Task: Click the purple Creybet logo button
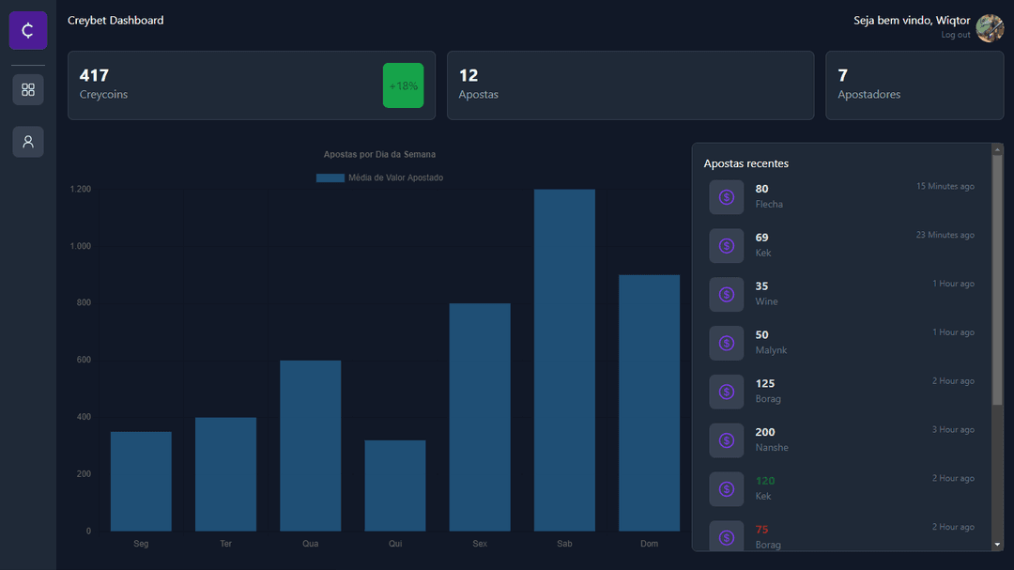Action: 28,30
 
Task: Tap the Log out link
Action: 956,35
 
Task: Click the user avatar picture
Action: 990,28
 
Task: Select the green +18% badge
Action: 404,85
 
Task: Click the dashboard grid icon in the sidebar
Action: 28,89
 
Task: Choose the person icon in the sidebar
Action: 28,142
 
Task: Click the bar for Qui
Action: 395,485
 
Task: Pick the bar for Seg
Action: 141,481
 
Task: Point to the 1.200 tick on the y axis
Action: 81,190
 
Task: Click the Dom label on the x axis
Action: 649,544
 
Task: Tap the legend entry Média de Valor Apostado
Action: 379,177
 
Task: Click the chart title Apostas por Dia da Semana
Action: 379,154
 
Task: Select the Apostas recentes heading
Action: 746,163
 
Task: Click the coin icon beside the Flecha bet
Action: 726,197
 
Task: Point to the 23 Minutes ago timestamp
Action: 945,235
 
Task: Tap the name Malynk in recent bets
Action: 771,350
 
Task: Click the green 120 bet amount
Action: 765,481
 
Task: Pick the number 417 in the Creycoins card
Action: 94,75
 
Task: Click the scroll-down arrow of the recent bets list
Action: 997,545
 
